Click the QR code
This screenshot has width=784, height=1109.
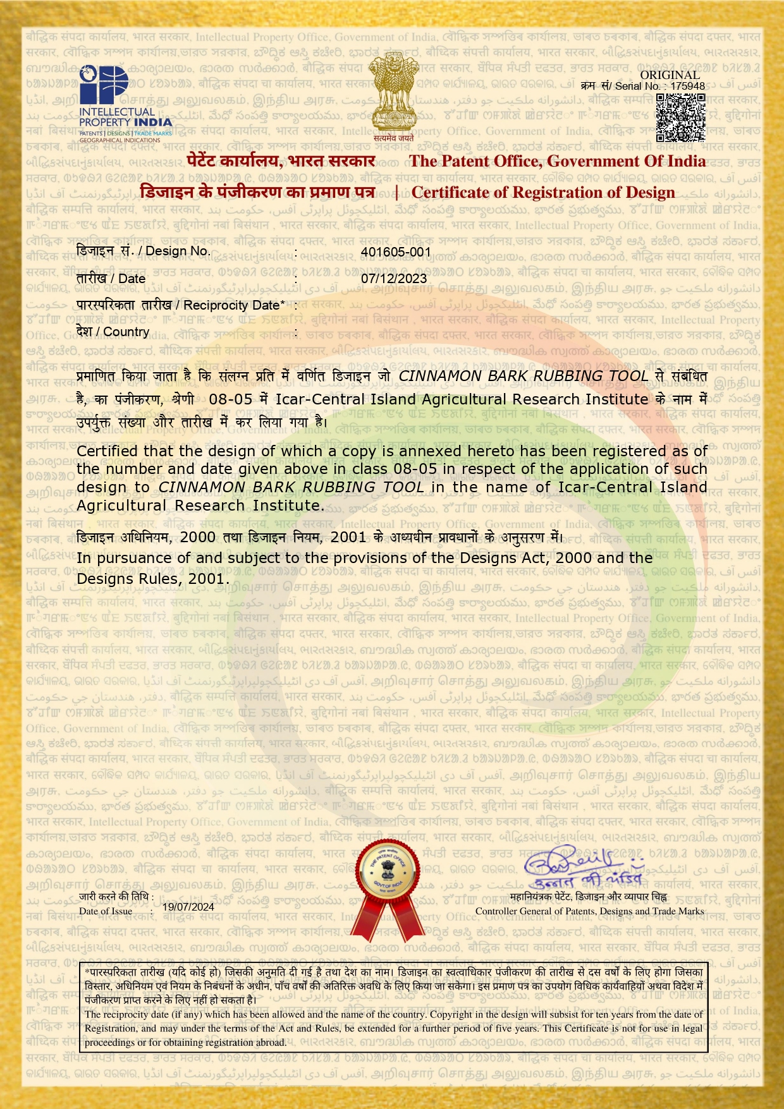[680, 118]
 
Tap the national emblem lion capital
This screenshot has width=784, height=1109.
[393, 95]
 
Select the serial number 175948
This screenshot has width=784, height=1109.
[688, 86]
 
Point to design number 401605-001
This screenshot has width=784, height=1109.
[396, 251]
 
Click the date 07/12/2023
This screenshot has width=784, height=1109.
[394, 278]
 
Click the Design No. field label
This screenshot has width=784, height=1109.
[143, 251]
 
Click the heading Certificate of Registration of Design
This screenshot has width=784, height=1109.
[543, 192]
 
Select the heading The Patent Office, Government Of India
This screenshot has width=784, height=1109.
[557, 161]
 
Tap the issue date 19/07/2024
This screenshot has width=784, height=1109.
[188, 907]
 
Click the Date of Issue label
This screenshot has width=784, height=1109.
[106, 911]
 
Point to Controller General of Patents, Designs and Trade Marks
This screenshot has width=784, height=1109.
[589, 911]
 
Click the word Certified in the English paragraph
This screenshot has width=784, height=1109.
[107, 451]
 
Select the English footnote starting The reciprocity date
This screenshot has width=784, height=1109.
[393, 1028]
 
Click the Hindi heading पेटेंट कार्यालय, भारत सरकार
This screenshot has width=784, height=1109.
[281, 161]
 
